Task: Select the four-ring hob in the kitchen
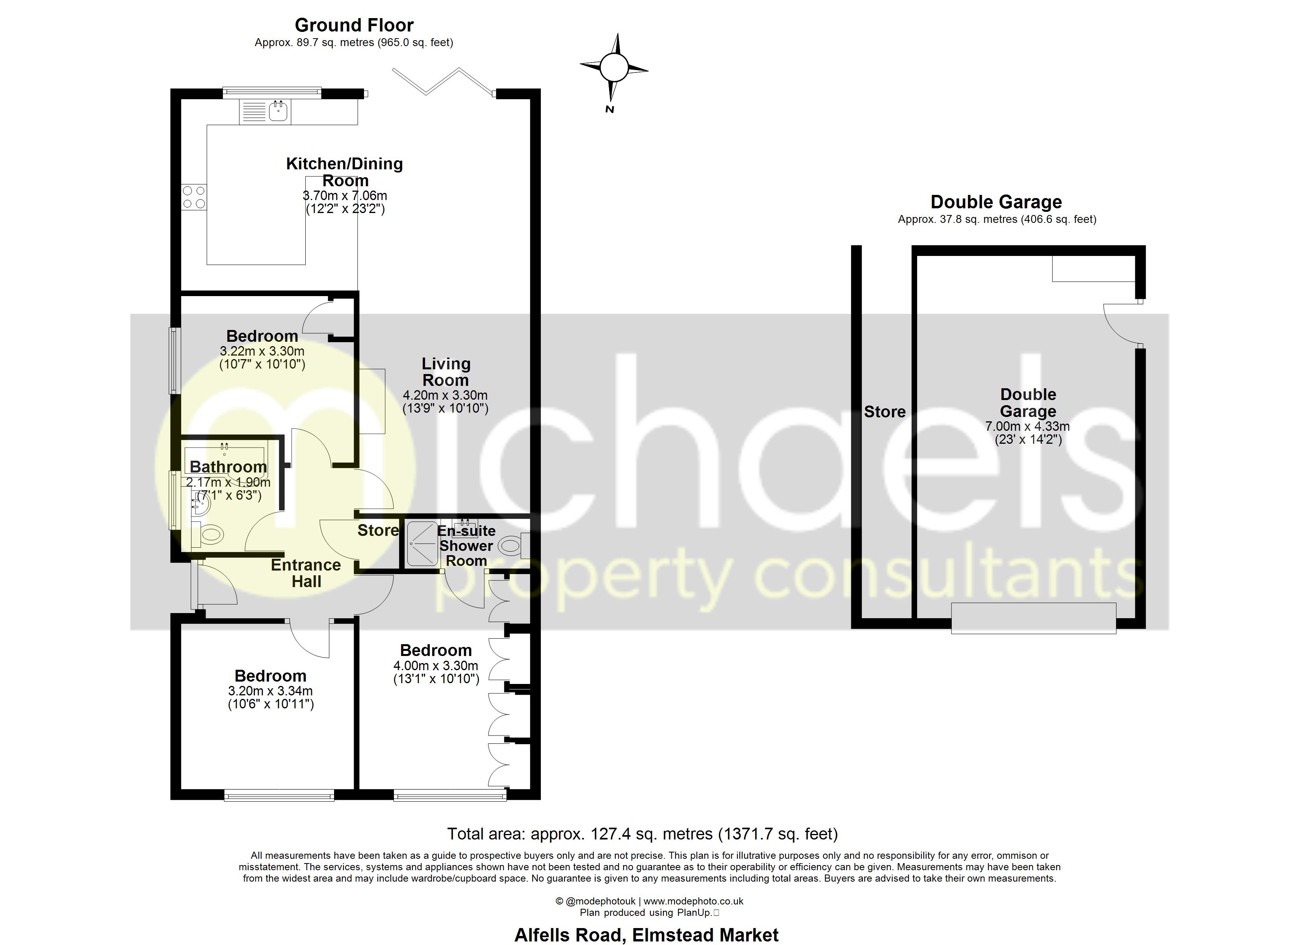194,197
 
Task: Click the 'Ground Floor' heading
354,25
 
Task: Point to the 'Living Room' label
446,372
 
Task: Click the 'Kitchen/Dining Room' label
344,172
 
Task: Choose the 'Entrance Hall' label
306,573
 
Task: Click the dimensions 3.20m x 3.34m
271,691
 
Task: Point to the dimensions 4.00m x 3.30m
436,666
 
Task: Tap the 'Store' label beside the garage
884,411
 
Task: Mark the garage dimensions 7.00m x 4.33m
1027,426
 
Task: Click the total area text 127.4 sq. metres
642,834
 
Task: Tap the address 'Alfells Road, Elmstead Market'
646,935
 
